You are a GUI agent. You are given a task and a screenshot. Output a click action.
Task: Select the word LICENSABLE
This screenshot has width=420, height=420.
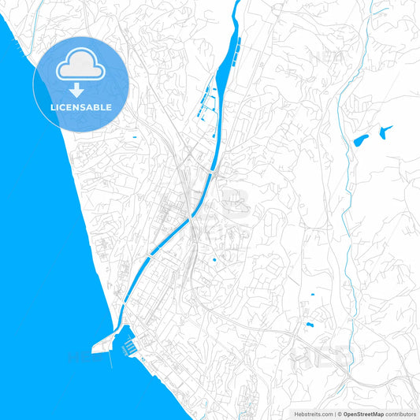pos(80,106)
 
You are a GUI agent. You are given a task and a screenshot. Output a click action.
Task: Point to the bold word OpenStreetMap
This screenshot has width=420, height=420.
pos(363,414)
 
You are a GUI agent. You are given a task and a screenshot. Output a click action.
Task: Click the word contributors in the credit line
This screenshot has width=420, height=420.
pos(400,414)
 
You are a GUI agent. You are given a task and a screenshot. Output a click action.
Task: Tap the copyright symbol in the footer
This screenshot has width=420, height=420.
pos(340,414)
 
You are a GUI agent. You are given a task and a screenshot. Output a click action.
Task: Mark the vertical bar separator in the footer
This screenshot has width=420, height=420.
pos(335,414)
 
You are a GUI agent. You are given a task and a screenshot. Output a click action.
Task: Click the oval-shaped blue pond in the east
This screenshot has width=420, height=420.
pos(360,140)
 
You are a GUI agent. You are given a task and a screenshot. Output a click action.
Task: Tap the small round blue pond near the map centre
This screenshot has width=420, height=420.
pos(214,258)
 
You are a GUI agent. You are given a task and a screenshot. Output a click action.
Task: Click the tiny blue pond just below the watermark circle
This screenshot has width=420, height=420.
pos(135,139)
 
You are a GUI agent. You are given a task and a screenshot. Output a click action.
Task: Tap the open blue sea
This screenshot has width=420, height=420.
pos(39,236)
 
